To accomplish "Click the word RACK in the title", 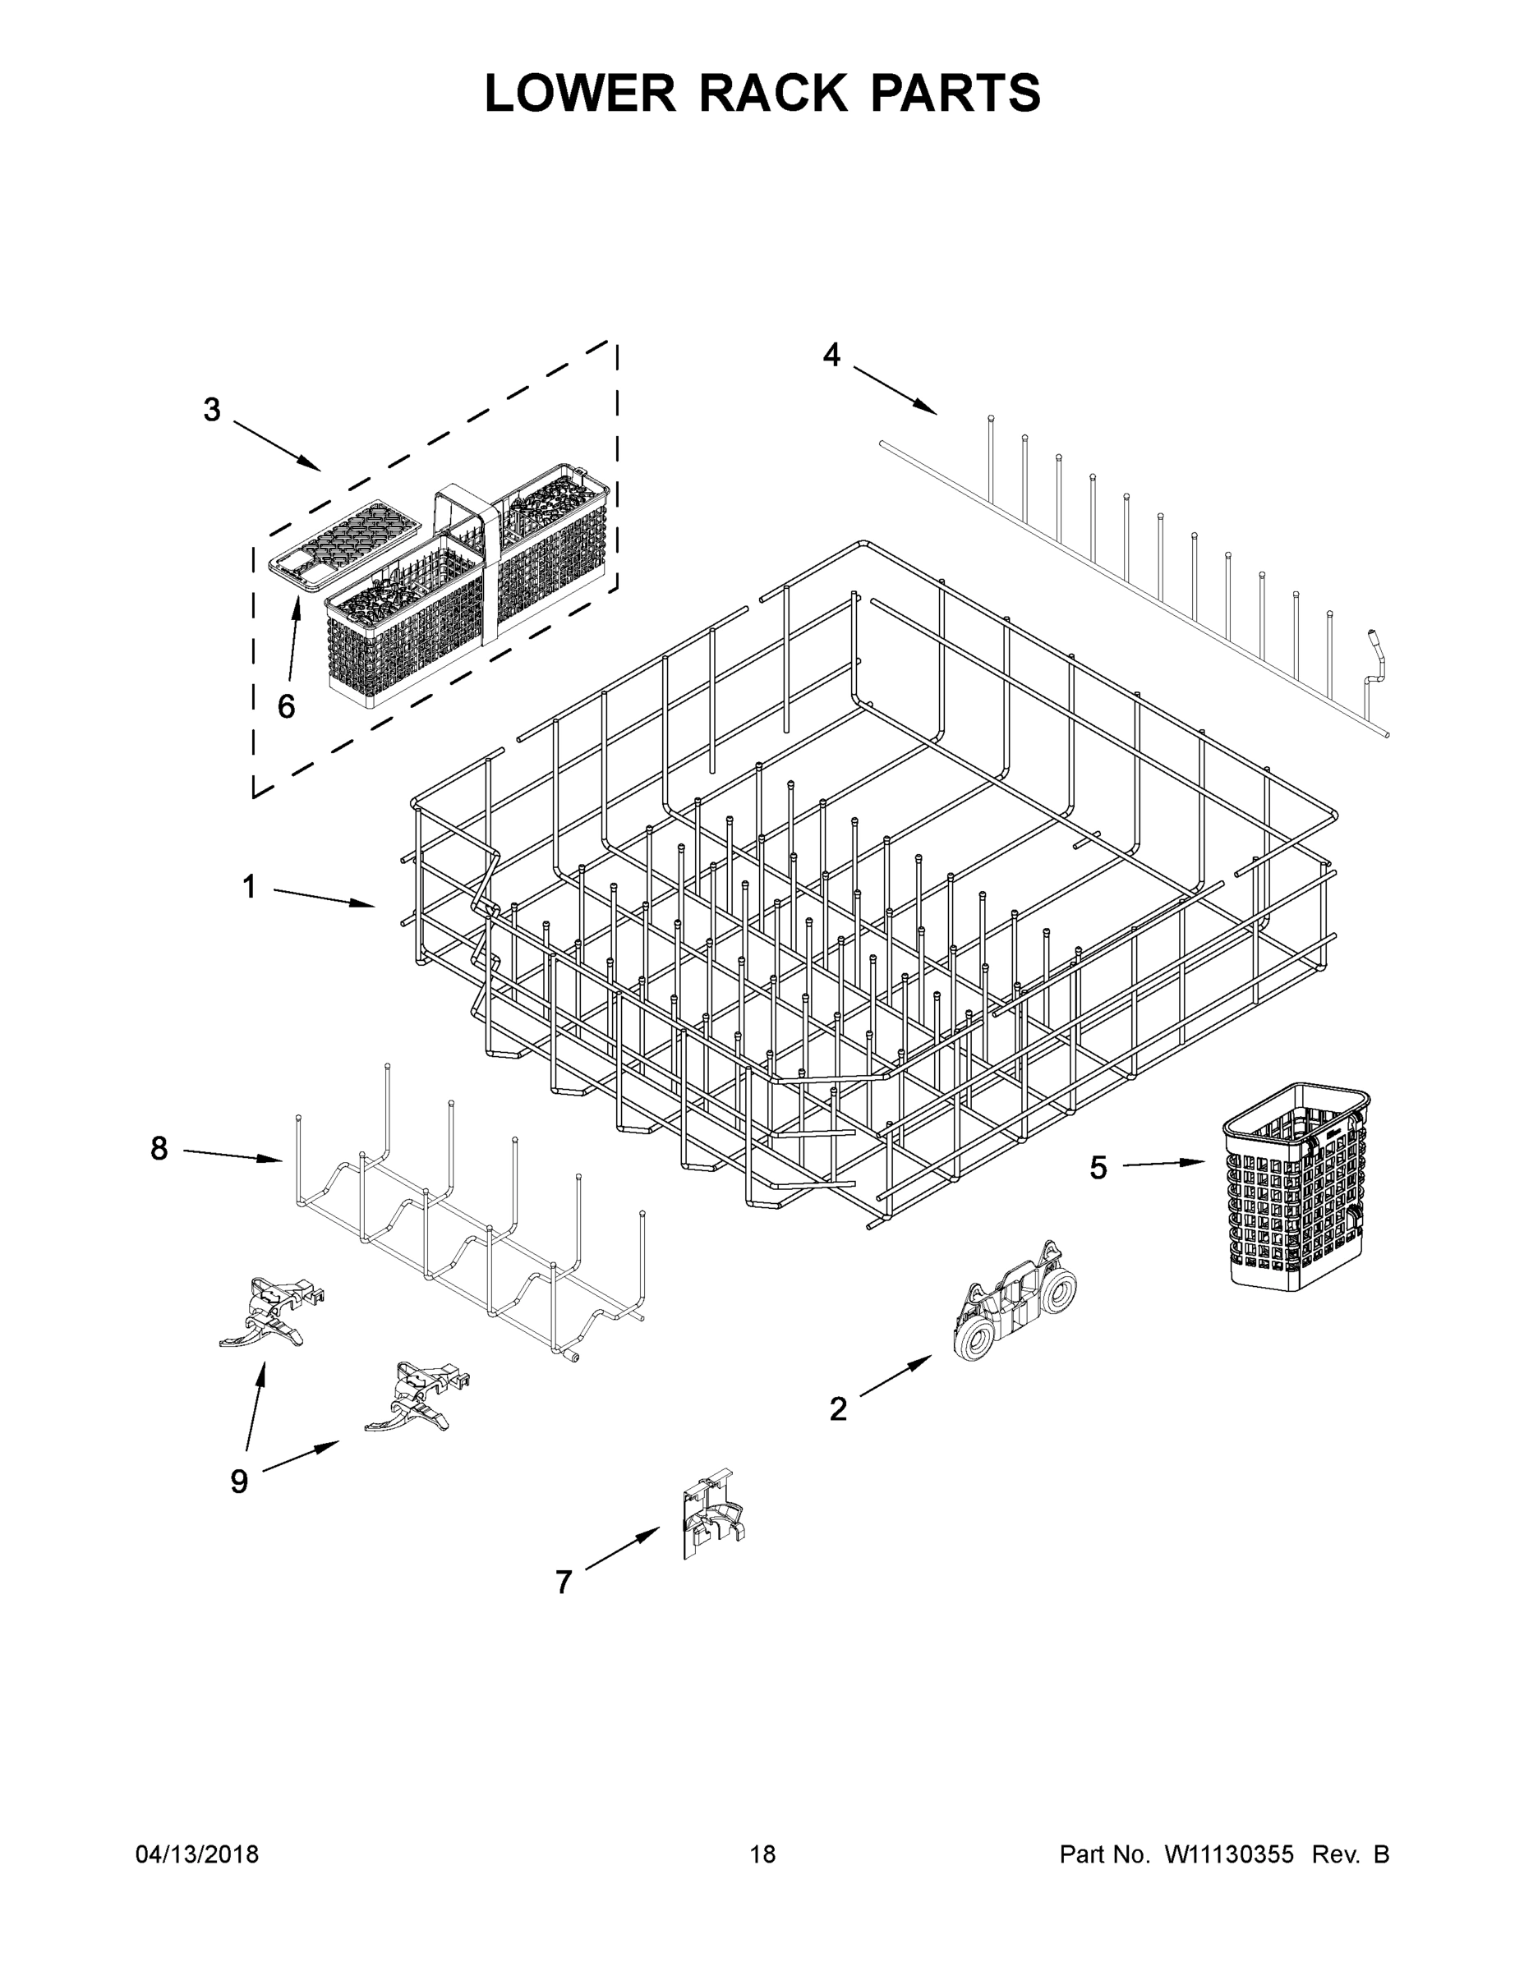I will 773,93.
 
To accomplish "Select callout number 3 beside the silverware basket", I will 211,411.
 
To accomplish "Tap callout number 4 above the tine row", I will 831,356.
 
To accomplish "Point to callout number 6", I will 285,706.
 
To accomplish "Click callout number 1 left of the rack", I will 249,887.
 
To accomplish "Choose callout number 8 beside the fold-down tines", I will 159,1149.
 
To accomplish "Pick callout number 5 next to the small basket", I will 1097,1169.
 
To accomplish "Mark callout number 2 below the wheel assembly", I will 838,1408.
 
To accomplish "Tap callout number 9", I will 238,1481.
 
